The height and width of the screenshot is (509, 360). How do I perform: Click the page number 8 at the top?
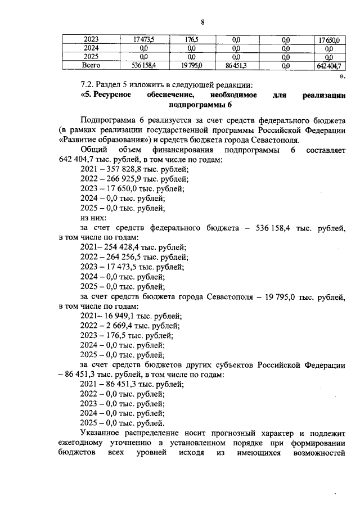click(x=202, y=22)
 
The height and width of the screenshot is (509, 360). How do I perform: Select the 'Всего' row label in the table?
click(x=91, y=66)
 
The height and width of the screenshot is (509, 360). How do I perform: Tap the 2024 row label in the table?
click(x=91, y=48)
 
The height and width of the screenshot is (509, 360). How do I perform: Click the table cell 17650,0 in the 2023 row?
click(x=328, y=39)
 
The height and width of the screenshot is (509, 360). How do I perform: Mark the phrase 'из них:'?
click(x=93, y=218)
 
